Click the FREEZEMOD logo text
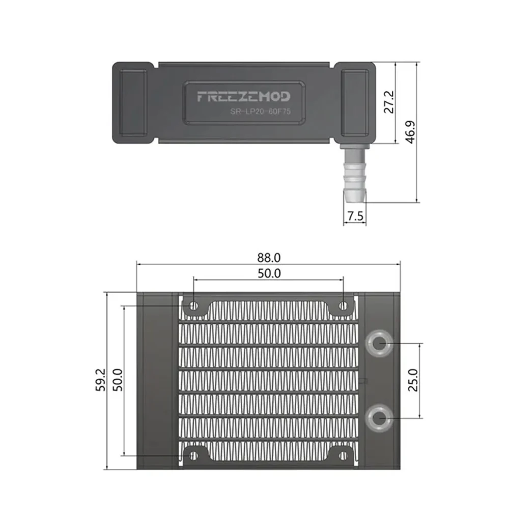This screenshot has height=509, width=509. click(x=243, y=96)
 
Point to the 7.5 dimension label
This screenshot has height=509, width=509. click(x=354, y=216)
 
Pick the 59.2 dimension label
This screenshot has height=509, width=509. click(x=101, y=380)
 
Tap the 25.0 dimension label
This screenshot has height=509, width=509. click(x=413, y=379)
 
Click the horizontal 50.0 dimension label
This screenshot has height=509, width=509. click(x=269, y=273)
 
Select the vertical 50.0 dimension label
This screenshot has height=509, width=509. click(x=118, y=380)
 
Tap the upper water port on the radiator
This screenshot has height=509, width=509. click(x=378, y=344)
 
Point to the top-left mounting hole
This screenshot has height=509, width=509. click(x=193, y=306)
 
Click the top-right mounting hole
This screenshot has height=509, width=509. click(x=344, y=306)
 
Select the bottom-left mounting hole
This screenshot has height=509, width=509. click(x=193, y=455)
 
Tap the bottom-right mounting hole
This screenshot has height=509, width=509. click(x=344, y=455)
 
